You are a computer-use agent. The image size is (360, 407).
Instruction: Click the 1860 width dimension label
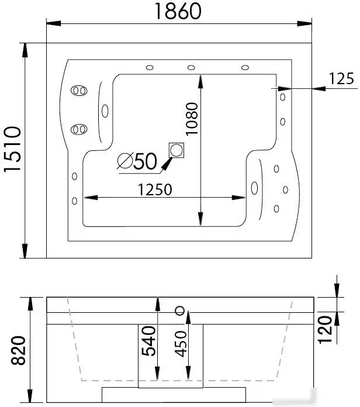coord(178,11)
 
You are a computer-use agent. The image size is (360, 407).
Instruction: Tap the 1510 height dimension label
coord(12,149)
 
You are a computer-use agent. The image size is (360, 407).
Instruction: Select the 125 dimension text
coord(341,78)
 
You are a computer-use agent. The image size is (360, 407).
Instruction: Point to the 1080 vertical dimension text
coord(192,119)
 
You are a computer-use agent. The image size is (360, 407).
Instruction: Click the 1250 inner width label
coord(155,189)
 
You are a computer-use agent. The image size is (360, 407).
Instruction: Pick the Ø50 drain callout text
coord(137,161)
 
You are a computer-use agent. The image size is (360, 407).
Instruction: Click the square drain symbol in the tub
coord(176,150)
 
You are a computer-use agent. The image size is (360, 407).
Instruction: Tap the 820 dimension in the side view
coord(19,350)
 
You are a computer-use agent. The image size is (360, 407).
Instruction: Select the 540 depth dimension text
coord(148,341)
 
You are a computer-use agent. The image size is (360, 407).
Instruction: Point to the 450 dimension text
coord(181,344)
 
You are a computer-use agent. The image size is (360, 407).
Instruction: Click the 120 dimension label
coord(325,330)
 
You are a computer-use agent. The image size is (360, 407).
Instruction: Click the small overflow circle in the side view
coord(180,311)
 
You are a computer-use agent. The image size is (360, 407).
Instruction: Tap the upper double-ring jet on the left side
coord(79,91)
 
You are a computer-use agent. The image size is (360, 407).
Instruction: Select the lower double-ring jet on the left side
coord(79,129)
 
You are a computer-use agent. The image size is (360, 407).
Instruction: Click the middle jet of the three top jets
coord(191,68)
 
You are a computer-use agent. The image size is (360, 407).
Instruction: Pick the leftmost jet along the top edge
coord(150,68)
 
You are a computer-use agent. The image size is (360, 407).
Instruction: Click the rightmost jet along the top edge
coord(245,68)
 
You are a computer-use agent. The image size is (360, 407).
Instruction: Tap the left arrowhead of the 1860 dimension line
coord(54,23)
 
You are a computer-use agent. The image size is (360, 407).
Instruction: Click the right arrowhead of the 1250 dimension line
coord(238,198)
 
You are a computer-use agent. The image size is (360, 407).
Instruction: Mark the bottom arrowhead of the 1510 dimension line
coord(25,251)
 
